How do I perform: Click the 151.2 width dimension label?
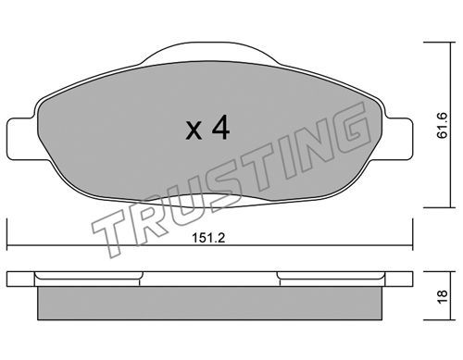tap(208, 238)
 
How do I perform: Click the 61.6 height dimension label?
tap(443, 126)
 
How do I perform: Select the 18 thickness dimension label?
tap(443, 297)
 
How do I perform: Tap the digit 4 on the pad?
tap(221, 127)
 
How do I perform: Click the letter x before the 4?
tap(194, 130)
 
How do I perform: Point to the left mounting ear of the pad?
tap(21, 139)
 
